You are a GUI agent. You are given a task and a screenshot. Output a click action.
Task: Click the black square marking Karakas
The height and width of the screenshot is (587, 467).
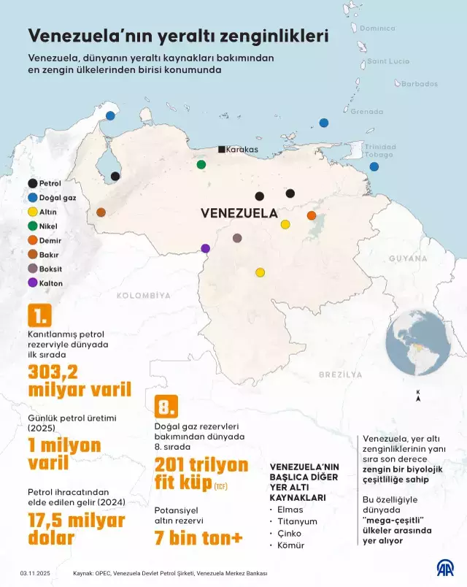pyautogui.click(x=222, y=150)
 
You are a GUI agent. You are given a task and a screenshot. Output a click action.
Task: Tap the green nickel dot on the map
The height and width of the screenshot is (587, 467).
pyautogui.click(x=201, y=164)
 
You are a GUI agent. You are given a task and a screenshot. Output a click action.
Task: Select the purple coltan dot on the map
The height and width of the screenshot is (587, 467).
pyautogui.click(x=205, y=248)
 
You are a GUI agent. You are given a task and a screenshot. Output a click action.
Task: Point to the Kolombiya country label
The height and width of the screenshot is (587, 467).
pyautogui.click(x=143, y=296)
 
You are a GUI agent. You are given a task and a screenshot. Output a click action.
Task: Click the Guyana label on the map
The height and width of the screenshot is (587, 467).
pyautogui.click(x=407, y=258)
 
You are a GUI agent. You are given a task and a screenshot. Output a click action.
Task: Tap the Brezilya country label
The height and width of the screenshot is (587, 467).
pyautogui.click(x=340, y=374)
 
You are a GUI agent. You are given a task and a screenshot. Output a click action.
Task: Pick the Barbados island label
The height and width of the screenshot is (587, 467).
pyautogui.click(x=419, y=84)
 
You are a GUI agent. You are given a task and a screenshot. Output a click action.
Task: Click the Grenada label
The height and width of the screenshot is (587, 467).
pyautogui.click(x=366, y=112)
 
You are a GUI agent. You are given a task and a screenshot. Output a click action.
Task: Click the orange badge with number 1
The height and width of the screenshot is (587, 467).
pyautogui.click(x=39, y=315)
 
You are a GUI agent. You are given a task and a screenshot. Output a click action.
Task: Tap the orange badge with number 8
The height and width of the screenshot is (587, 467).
pyautogui.click(x=166, y=406)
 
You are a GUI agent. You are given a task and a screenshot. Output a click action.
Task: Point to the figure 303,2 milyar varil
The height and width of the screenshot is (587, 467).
pyautogui.click(x=79, y=380)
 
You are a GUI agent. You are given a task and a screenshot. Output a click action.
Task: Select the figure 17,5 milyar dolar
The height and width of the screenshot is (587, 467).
pyautogui.click(x=76, y=529)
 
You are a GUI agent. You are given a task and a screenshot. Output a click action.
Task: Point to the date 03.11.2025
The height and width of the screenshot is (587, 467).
pyautogui.click(x=34, y=573)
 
